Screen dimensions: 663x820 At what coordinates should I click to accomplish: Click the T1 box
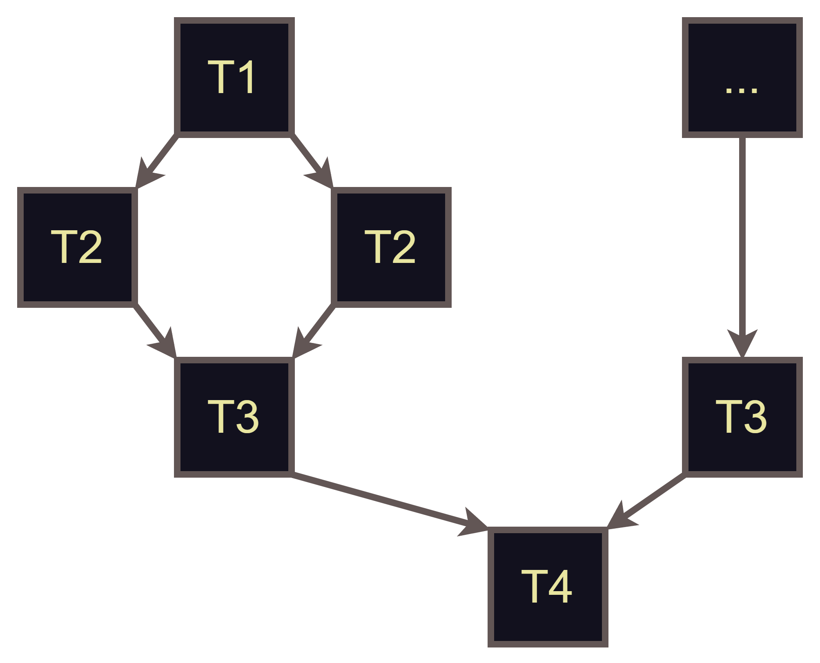[x=234, y=77]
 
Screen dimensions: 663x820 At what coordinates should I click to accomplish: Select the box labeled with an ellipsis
[x=742, y=77]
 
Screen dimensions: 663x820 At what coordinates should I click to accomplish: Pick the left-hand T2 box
[x=77, y=247]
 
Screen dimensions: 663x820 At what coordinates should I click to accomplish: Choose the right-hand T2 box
[x=391, y=247]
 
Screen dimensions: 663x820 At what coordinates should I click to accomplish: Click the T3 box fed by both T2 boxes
[x=234, y=417]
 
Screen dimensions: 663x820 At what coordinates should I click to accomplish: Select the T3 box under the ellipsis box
[x=742, y=417]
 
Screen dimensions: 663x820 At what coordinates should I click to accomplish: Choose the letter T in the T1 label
[x=221, y=77]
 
